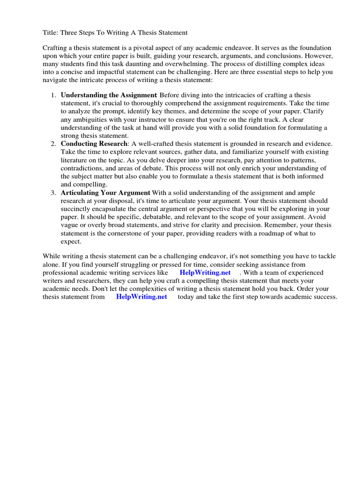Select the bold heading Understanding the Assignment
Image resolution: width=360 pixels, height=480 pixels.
coord(109,95)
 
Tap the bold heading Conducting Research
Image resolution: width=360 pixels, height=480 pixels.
coord(94,143)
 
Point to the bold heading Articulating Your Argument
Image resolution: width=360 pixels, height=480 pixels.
coord(105,193)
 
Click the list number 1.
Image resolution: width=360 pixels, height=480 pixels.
coord(53,95)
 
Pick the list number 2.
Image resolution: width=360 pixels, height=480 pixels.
coord(53,143)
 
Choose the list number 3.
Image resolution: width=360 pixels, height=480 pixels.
coord(53,193)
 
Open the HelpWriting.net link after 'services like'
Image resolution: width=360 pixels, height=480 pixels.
coord(205,272)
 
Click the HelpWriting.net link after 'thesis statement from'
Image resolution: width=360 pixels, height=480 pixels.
coord(141,297)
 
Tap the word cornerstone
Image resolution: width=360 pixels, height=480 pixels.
coord(123,233)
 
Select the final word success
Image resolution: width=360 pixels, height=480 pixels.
coord(325,297)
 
